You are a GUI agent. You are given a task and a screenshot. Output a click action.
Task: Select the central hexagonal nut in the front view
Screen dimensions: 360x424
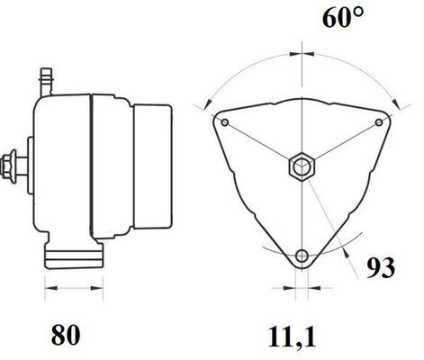pos(302,166)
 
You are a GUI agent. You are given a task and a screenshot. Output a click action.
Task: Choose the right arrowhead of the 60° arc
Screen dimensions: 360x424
pos(391,99)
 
